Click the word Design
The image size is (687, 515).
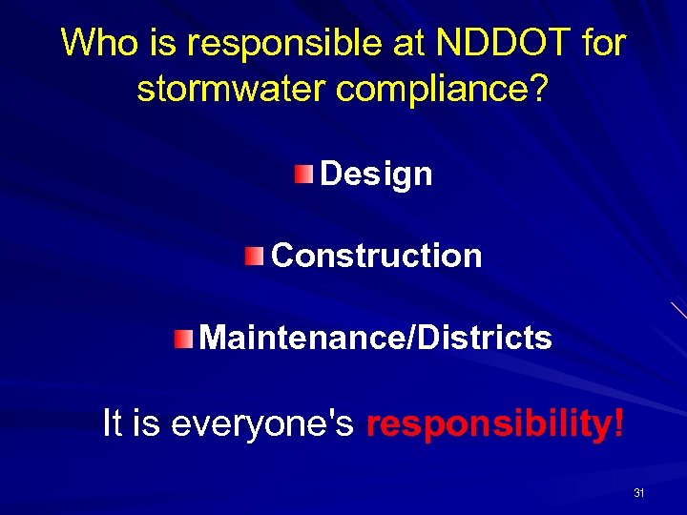376,175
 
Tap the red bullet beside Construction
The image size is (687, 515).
253,255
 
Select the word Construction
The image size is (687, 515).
377,256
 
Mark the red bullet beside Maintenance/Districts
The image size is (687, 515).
183,337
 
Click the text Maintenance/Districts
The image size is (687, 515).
376,338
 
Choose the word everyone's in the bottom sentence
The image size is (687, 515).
263,424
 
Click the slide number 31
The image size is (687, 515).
639,493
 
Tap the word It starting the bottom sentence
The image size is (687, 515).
113,423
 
